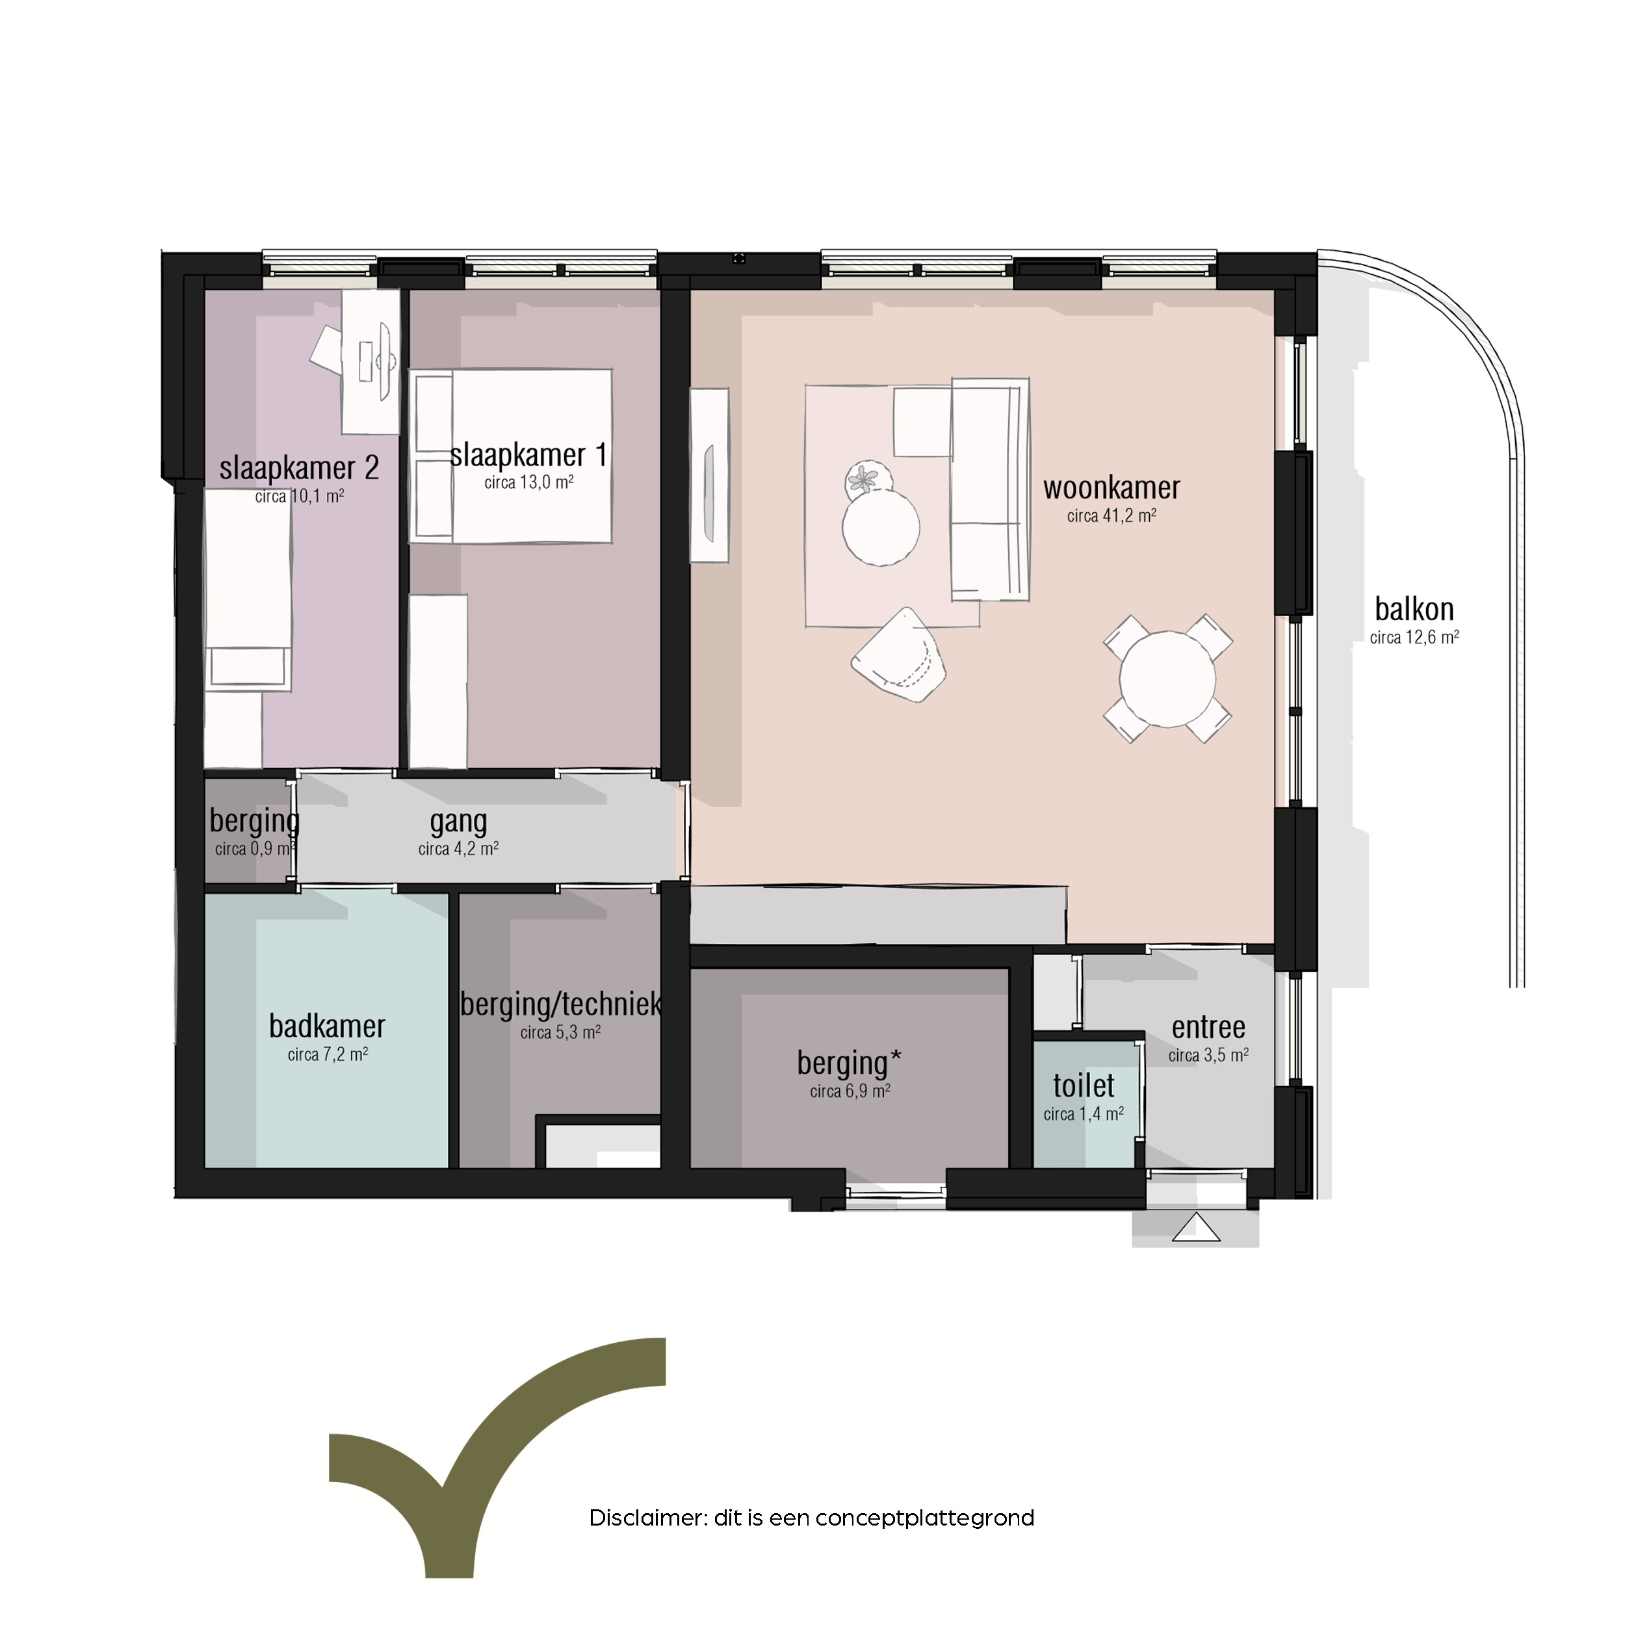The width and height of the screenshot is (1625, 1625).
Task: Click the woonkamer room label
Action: click(x=1111, y=489)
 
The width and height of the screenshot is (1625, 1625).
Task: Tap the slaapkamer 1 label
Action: click(x=528, y=455)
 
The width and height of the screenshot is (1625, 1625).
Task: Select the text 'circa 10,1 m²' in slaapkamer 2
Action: click(x=300, y=496)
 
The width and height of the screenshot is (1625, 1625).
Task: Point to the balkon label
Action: click(x=1414, y=609)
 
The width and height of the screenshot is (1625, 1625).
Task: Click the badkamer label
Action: click(x=327, y=1026)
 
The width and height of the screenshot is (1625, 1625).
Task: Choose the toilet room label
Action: click(x=1084, y=1086)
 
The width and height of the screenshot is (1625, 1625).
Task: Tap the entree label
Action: click(x=1208, y=1027)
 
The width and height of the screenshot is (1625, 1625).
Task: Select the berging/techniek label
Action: click(x=561, y=1004)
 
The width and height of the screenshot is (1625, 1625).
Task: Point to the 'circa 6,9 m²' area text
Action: click(x=850, y=1091)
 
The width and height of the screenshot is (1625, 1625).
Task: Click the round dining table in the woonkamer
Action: click(x=1167, y=679)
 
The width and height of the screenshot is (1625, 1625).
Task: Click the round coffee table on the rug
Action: click(x=881, y=527)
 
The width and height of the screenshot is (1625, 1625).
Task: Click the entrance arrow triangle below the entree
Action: click(x=1195, y=1228)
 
